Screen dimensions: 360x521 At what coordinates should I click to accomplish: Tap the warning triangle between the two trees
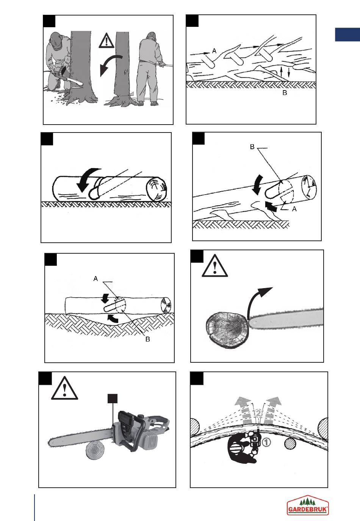click(106, 41)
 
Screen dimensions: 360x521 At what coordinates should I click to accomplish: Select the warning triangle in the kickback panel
click(214, 266)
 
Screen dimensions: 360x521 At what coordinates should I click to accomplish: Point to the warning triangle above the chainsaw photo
click(64, 388)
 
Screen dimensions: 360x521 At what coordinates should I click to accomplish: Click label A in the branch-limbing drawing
click(214, 51)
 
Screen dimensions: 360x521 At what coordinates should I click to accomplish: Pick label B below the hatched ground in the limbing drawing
click(285, 93)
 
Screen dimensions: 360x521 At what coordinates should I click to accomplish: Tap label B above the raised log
click(252, 147)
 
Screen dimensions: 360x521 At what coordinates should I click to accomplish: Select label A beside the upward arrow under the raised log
click(294, 209)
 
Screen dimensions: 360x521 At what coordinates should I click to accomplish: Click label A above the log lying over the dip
click(95, 279)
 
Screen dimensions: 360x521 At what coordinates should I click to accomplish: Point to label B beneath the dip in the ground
click(147, 339)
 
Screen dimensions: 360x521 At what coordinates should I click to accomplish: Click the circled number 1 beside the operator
click(266, 442)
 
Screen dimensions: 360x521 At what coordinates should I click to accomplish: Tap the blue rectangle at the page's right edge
click(347, 34)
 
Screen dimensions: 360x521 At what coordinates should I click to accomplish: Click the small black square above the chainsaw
click(113, 398)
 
